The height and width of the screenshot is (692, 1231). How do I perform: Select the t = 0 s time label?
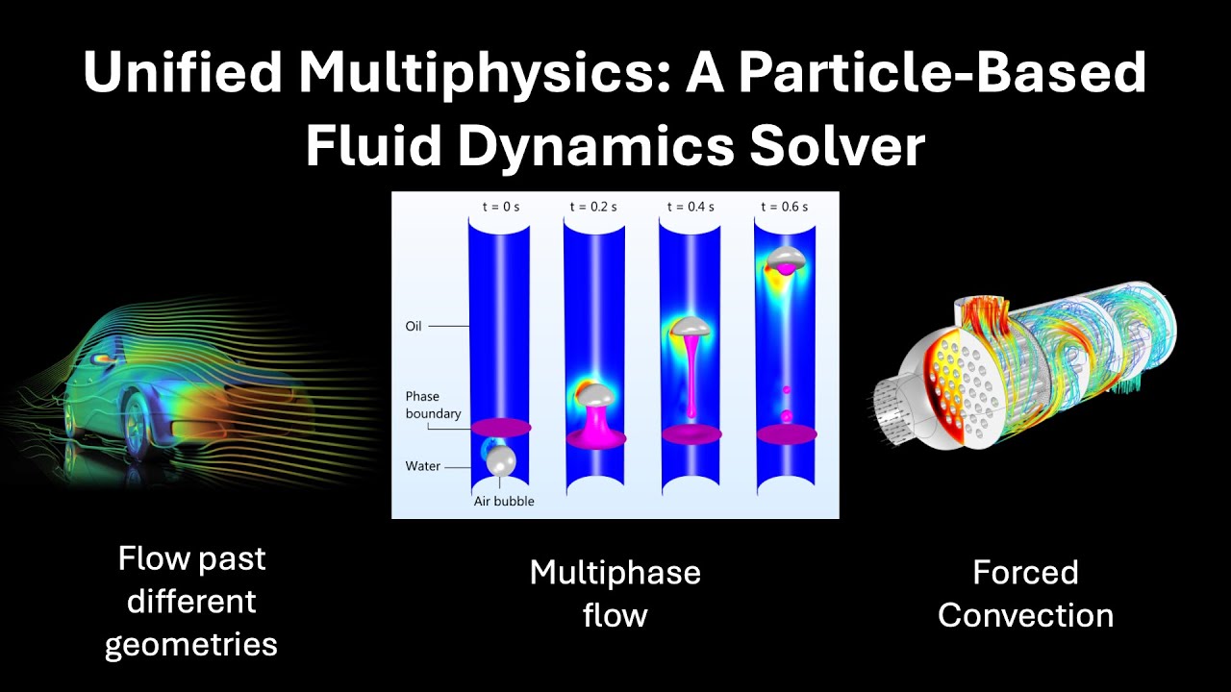[499, 206]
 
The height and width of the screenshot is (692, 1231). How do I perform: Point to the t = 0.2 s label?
[593, 206]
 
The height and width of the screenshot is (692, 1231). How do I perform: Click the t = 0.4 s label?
[690, 206]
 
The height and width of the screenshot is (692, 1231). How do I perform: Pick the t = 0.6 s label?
[785, 206]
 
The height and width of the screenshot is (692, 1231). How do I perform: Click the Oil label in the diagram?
[414, 327]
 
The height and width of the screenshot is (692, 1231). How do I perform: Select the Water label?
[422, 466]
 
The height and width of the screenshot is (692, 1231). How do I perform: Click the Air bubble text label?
[503, 501]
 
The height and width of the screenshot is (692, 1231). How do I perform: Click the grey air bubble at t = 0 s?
[501, 461]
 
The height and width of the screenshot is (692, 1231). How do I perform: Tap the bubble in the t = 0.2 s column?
[595, 393]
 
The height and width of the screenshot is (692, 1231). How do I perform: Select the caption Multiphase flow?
[615, 593]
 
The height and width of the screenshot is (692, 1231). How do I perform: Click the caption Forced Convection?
[1025, 593]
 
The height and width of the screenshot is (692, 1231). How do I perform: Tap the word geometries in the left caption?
[190, 643]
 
